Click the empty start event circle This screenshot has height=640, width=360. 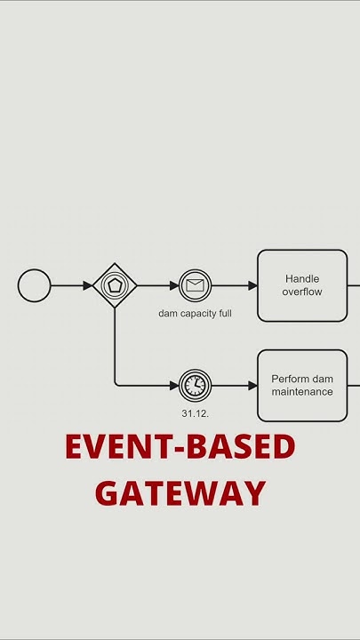[x=35, y=285]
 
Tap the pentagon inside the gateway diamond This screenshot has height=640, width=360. [x=115, y=285]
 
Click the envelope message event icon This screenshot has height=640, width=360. [x=195, y=285]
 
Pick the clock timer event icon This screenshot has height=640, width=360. [x=195, y=385]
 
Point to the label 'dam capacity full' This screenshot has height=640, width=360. [x=195, y=313]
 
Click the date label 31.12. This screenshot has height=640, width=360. [x=195, y=413]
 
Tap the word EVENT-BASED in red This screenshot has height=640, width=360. [x=180, y=447]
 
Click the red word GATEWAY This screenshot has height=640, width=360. [x=180, y=493]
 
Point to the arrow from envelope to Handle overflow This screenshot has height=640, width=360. [x=234, y=285]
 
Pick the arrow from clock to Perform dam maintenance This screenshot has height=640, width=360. [x=234, y=385]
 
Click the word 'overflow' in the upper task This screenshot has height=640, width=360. [x=302, y=292]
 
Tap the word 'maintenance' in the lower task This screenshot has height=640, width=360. [x=302, y=392]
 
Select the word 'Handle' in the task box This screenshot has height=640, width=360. [x=302, y=279]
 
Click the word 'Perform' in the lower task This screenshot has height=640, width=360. [x=289, y=380]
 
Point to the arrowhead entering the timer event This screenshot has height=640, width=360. [x=173, y=385]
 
